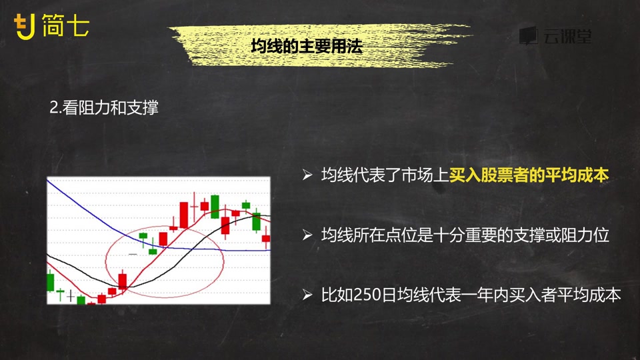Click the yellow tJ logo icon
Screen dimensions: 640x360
point(24,27)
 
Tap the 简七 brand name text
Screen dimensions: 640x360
point(65,25)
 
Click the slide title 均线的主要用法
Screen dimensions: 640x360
point(307,46)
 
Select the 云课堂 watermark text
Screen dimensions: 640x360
point(567,36)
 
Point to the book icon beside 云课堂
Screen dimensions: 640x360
point(529,35)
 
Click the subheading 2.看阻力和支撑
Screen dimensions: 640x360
point(104,108)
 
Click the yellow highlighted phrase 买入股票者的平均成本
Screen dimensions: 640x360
point(529,175)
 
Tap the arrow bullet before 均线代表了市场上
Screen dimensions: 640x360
point(307,175)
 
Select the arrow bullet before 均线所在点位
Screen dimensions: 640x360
point(307,235)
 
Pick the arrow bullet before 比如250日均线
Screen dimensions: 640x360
point(307,295)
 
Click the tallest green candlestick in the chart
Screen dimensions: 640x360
point(215,206)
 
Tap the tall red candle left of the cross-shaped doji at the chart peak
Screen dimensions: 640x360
point(184,215)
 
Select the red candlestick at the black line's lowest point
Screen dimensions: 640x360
point(123,281)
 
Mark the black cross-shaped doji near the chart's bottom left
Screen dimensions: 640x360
point(71,295)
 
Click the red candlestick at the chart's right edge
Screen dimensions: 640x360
point(266,239)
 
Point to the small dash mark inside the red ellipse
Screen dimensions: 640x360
point(133,254)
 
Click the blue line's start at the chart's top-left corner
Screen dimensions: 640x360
point(48,180)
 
